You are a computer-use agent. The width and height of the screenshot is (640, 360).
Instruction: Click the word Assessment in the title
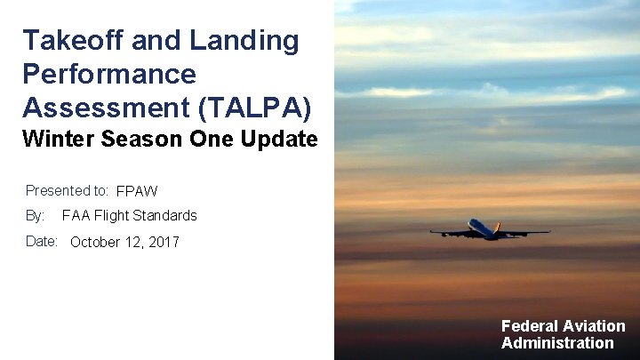coord(106,107)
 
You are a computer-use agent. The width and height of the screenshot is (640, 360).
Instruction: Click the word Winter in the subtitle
coord(58,140)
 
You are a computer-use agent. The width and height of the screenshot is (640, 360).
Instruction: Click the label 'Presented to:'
coord(67,190)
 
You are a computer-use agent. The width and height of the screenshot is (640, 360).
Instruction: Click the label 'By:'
coord(35,215)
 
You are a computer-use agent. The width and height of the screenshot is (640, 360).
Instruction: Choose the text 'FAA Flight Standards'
coord(130,215)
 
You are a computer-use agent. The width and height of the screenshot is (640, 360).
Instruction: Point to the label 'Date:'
coord(42,241)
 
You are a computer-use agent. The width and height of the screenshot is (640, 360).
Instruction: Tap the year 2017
coord(163,242)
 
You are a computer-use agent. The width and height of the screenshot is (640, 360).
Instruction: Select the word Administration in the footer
coord(557,343)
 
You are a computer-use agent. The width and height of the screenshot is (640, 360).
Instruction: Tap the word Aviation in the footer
coord(594,326)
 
